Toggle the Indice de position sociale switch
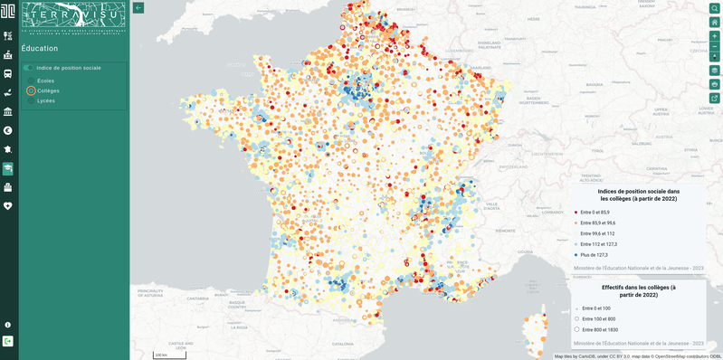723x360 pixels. [28, 68]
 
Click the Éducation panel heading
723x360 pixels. [40, 49]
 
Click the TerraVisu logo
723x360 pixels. [73, 18]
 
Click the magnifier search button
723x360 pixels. [714, 8]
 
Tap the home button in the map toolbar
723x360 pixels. [714, 22]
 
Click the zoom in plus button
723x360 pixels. [714, 36]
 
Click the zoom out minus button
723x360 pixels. [714, 46]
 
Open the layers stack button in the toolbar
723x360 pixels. [714, 71]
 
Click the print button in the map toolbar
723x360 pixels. [714, 84]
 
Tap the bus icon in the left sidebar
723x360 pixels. [8, 74]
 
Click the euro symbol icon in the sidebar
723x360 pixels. [8, 130]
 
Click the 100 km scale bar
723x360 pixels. [168, 355]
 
